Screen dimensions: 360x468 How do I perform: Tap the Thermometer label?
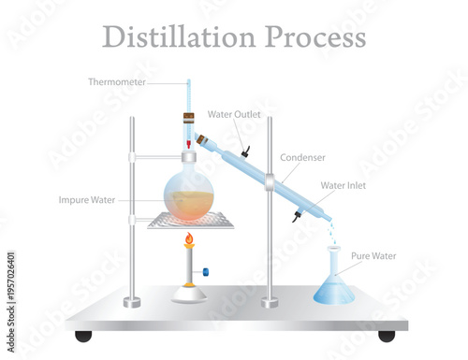(x=116, y=81)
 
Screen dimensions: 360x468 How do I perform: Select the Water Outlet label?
(x=232, y=115)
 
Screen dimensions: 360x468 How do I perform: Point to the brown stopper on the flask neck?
(x=188, y=121)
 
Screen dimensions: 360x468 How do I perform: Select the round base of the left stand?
(x=132, y=301)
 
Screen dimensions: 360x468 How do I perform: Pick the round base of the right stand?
(x=270, y=301)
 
